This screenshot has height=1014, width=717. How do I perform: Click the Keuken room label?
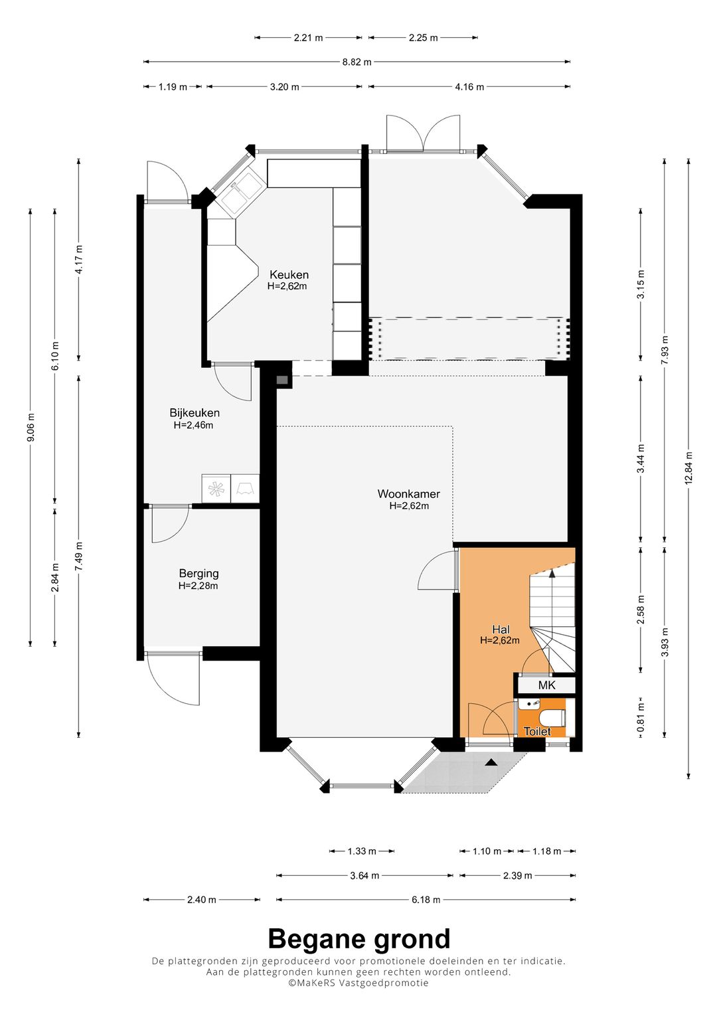[289, 274]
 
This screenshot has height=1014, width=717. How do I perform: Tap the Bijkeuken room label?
[195, 413]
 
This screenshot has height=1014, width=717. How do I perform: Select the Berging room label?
[199, 574]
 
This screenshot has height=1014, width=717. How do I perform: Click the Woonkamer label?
[409, 493]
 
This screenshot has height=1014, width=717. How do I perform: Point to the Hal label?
[501, 630]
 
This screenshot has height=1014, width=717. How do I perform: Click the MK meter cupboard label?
[546, 685]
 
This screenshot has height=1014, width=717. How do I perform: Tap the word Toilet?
[537, 731]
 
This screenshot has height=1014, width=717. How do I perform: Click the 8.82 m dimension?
[357, 62]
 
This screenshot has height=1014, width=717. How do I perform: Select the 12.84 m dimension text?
[688, 468]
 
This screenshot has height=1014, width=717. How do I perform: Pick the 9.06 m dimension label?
[31, 428]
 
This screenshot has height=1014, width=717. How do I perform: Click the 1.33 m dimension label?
[362, 851]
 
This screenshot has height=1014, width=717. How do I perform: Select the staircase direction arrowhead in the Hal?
[552, 573]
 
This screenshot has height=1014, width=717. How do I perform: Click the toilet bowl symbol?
[552, 717]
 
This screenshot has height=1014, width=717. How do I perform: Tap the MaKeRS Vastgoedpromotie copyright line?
[358, 982]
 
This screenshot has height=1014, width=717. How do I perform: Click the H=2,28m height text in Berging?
[198, 586]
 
